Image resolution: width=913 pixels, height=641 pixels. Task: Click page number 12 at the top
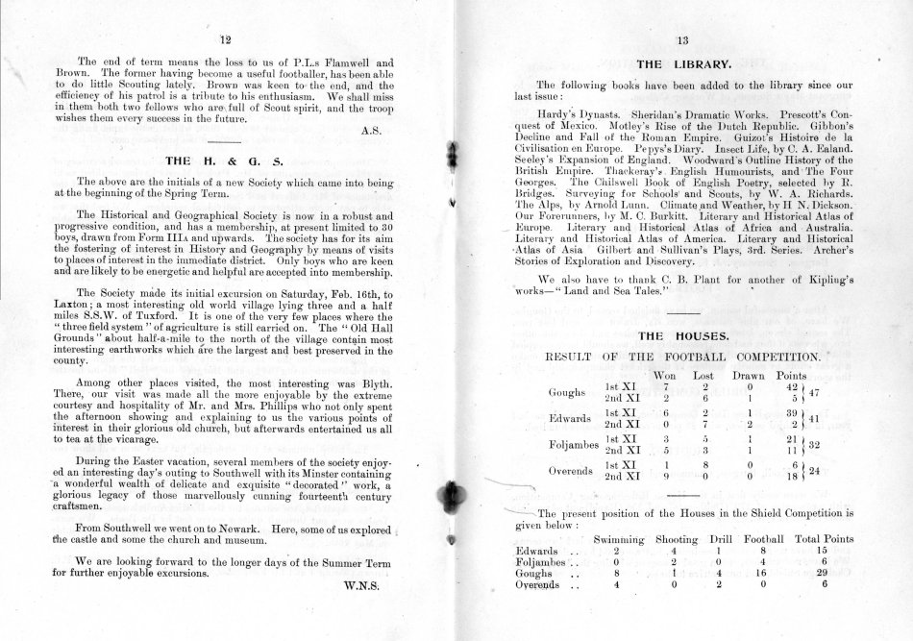point(226,39)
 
